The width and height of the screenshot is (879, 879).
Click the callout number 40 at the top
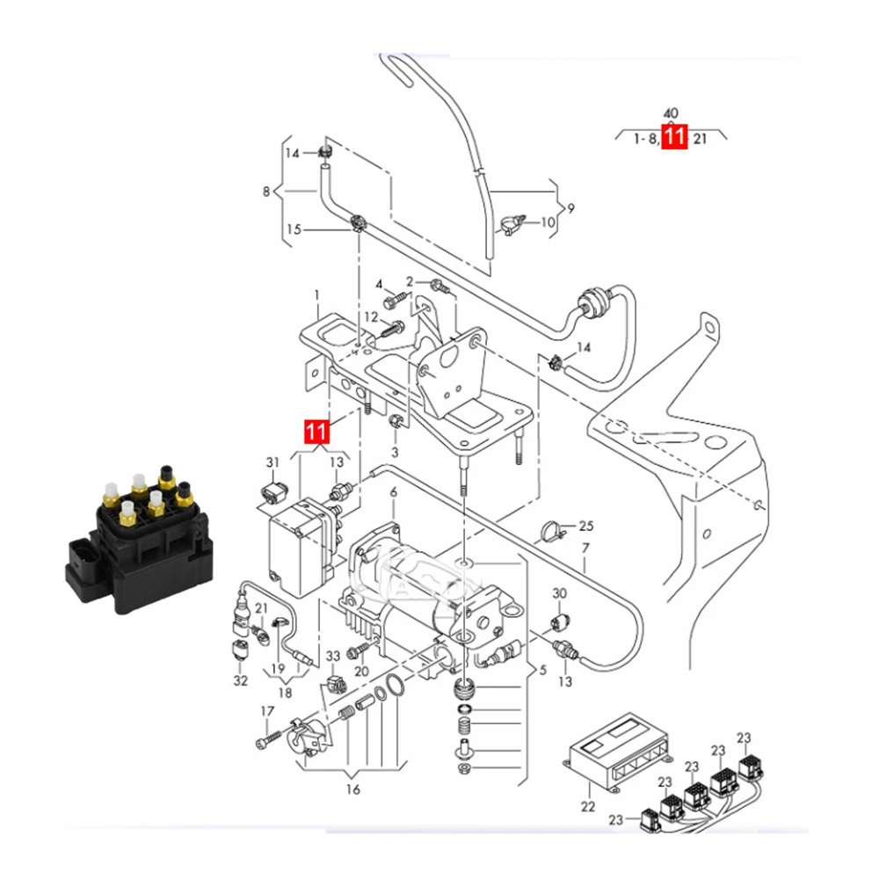coord(670,113)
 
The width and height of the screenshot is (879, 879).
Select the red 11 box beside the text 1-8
coord(674,138)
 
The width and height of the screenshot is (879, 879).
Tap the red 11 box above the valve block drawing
coord(316,432)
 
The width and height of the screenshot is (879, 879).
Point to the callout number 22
coord(587,806)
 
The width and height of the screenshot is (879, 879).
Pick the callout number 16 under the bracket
coord(352,789)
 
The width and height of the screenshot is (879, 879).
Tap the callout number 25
coord(586,527)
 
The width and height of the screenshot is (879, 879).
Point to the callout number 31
coord(272,462)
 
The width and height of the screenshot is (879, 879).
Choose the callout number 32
coord(241,681)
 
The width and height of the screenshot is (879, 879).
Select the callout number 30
coord(559,594)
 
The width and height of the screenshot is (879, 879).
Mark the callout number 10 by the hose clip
coord(548,222)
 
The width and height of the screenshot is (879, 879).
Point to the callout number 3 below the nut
coord(395,451)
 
